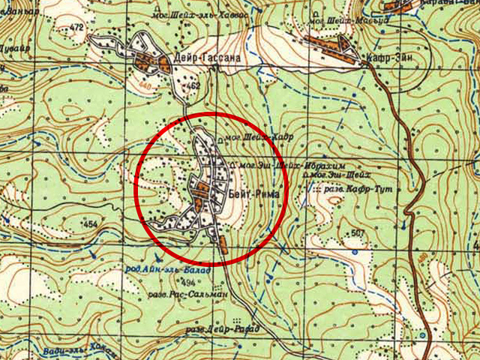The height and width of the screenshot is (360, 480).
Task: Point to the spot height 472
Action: tap(76, 28)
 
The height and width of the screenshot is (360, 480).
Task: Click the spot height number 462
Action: tap(193, 87)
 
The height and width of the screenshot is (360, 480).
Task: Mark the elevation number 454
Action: tap(90, 224)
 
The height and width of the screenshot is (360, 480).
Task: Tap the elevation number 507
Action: tap(358, 233)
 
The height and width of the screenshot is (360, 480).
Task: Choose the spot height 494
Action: tap(187, 282)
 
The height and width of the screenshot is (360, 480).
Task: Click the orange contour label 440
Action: tap(145, 87)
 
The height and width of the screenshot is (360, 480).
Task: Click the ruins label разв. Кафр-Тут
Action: tap(360, 190)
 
